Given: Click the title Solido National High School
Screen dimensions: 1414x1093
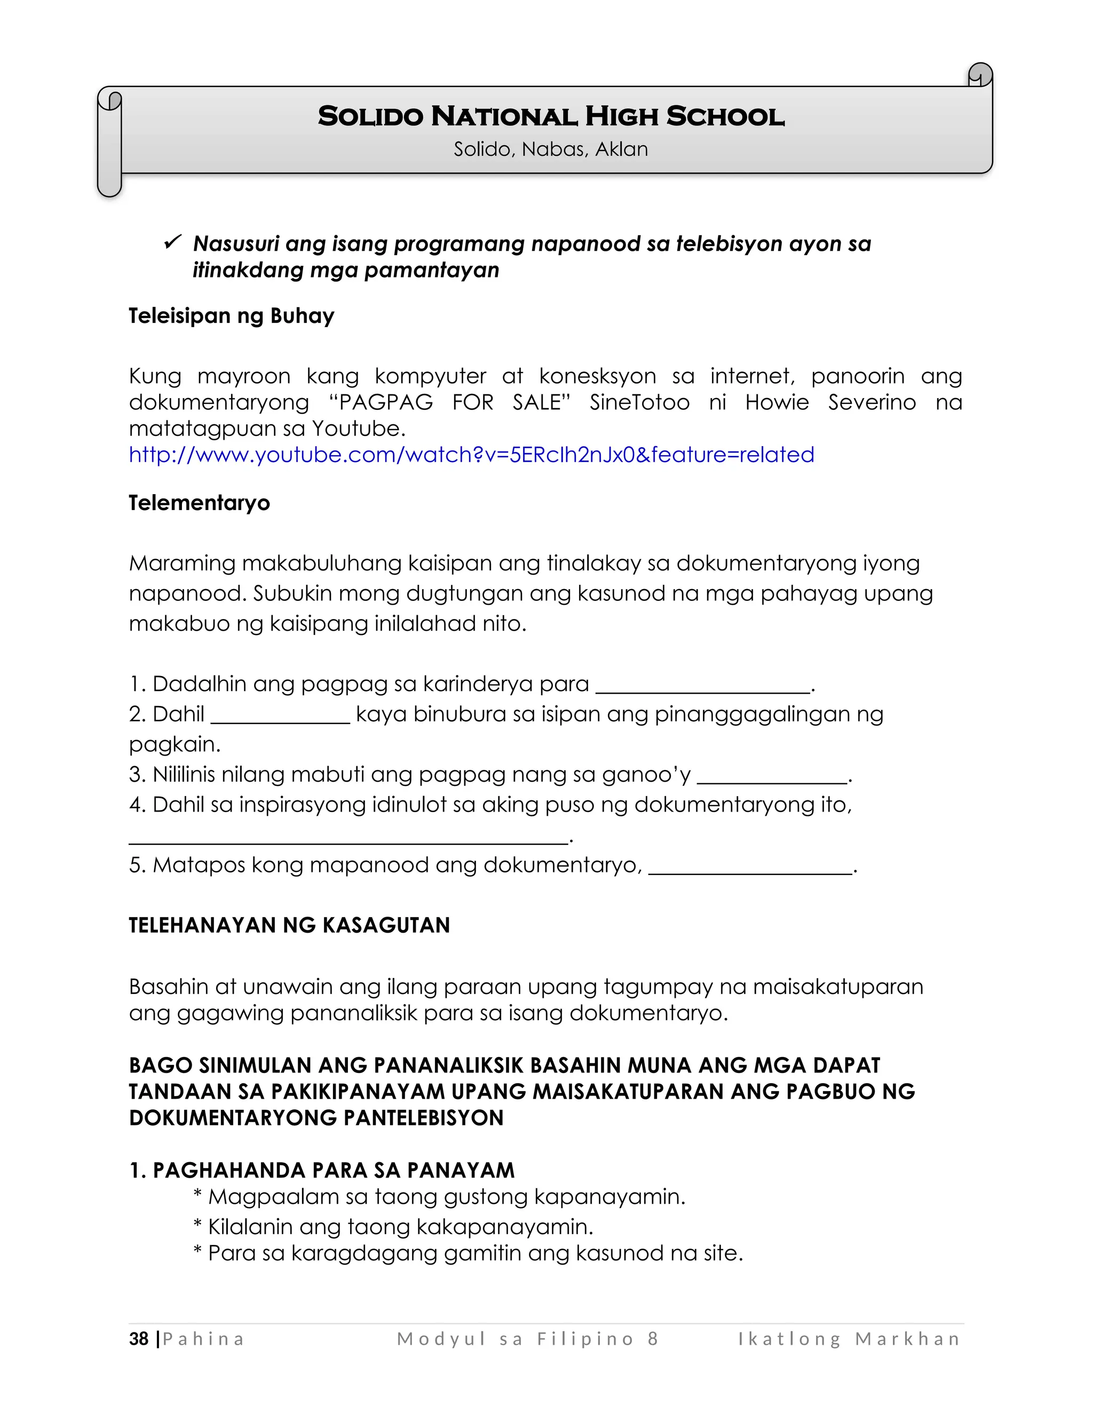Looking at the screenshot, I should pos(551,116).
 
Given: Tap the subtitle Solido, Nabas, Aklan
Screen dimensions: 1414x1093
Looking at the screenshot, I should pos(550,149).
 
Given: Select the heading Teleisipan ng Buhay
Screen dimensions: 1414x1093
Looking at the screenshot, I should pos(231,316).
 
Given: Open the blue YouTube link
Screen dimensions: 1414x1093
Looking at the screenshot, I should pos(471,455).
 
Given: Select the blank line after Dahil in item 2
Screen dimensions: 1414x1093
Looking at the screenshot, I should pos(280,720).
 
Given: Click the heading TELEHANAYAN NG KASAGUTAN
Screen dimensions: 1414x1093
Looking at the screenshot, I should pos(289,925).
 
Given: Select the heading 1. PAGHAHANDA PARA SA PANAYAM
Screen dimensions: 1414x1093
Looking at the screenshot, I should pos(321,1170).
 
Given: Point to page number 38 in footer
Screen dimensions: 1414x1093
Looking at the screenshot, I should pos(139,1339).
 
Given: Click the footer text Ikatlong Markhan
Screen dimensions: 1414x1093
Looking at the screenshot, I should pos(849,1339).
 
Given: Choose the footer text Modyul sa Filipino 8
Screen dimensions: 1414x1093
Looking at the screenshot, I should pos(528,1339).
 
